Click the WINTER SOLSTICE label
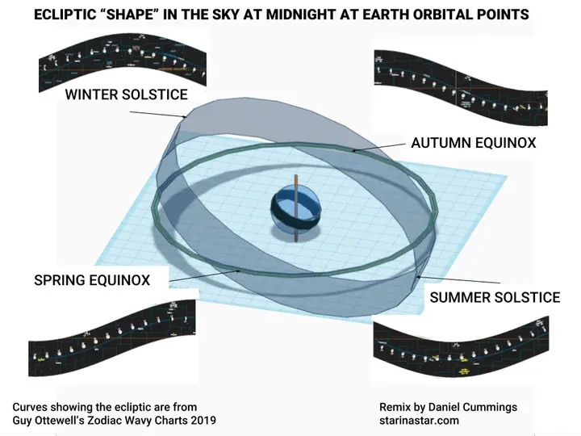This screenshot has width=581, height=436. tap(127, 94)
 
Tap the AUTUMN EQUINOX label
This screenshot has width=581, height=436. tap(474, 143)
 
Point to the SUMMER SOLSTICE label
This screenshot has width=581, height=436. tap(495, 297)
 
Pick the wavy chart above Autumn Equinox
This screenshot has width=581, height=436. tap(460, 85)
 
